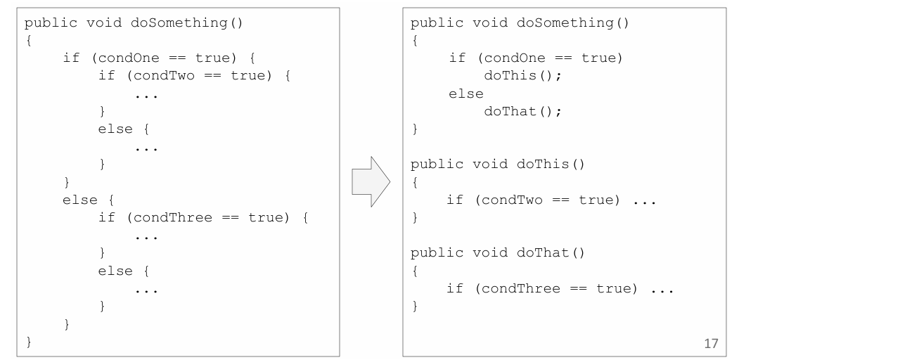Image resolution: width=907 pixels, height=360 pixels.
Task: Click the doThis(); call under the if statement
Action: (522, 75)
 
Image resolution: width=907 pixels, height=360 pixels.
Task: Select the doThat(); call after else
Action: (522, 111)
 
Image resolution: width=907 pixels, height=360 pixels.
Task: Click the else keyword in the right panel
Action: (465, 94)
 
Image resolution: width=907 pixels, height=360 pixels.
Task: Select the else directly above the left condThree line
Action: (79, 200)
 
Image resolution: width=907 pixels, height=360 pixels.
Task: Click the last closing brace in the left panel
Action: (29, 342)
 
